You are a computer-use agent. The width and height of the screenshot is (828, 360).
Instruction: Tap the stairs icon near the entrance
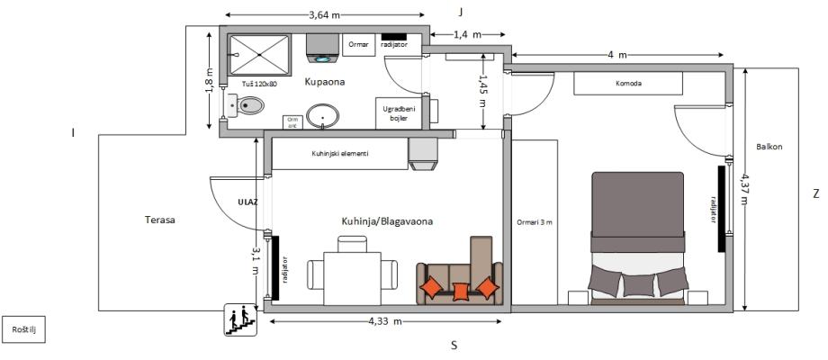240,320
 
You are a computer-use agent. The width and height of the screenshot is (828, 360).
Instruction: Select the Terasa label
158,220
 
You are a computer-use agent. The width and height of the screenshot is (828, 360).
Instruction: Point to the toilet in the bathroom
247,105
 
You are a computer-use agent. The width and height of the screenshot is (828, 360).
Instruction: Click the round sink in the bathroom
322,116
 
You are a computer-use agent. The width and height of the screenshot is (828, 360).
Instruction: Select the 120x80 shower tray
259,55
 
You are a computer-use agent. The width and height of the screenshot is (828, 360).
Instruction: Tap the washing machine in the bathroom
322,49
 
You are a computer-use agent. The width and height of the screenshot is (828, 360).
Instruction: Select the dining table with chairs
352,271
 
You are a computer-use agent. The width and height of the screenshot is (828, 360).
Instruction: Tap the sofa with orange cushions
459,272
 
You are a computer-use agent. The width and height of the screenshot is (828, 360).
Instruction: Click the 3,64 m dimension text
324,14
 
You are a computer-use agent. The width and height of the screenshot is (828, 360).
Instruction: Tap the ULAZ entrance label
247,202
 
